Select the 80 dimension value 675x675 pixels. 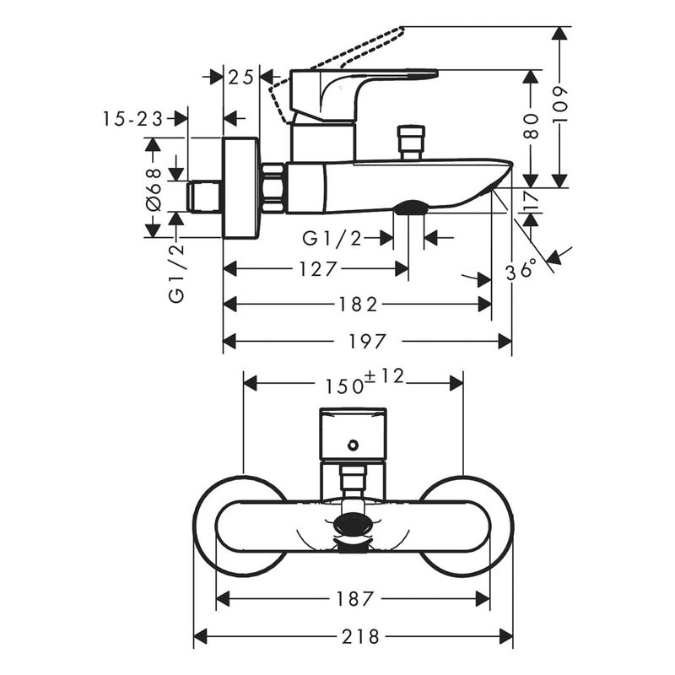(x=531, y=126)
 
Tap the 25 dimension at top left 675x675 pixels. (x=240, y=78)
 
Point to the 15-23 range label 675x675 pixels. (x=133, y=119)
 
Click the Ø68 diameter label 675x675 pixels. (x=154, y=189)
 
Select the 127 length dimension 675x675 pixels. (x=318, y=269)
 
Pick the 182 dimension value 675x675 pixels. (x=358, y=305)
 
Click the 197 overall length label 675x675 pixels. (x=367, y=342)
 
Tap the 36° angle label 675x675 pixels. (x=521, y=271)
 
